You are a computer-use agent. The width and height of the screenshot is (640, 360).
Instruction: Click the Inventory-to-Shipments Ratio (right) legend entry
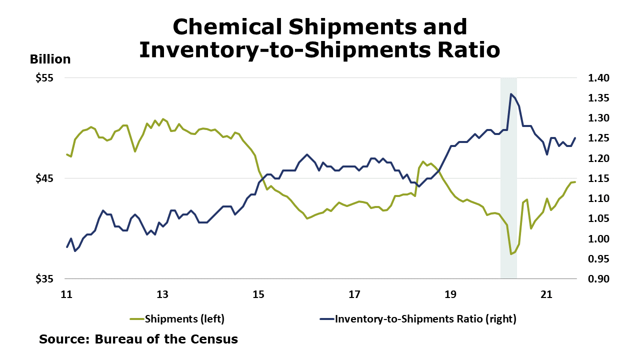[425, 318]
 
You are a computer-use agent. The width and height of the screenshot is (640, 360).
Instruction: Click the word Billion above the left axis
[50, 59]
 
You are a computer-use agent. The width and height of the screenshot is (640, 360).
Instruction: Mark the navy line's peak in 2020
[510, 94]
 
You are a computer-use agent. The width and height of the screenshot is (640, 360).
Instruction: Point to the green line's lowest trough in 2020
[510, 254]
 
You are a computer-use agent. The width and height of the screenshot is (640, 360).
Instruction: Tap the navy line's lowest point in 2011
[75, 250]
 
